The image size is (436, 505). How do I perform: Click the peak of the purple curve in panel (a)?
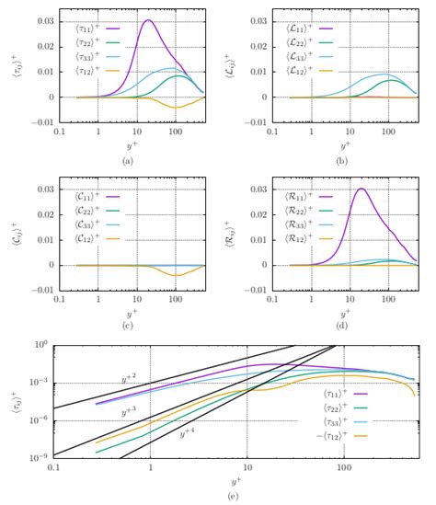pyautogui.click(x=147, y=21)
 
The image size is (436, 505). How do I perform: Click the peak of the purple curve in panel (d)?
pyautogui.click(x=361, y=189)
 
